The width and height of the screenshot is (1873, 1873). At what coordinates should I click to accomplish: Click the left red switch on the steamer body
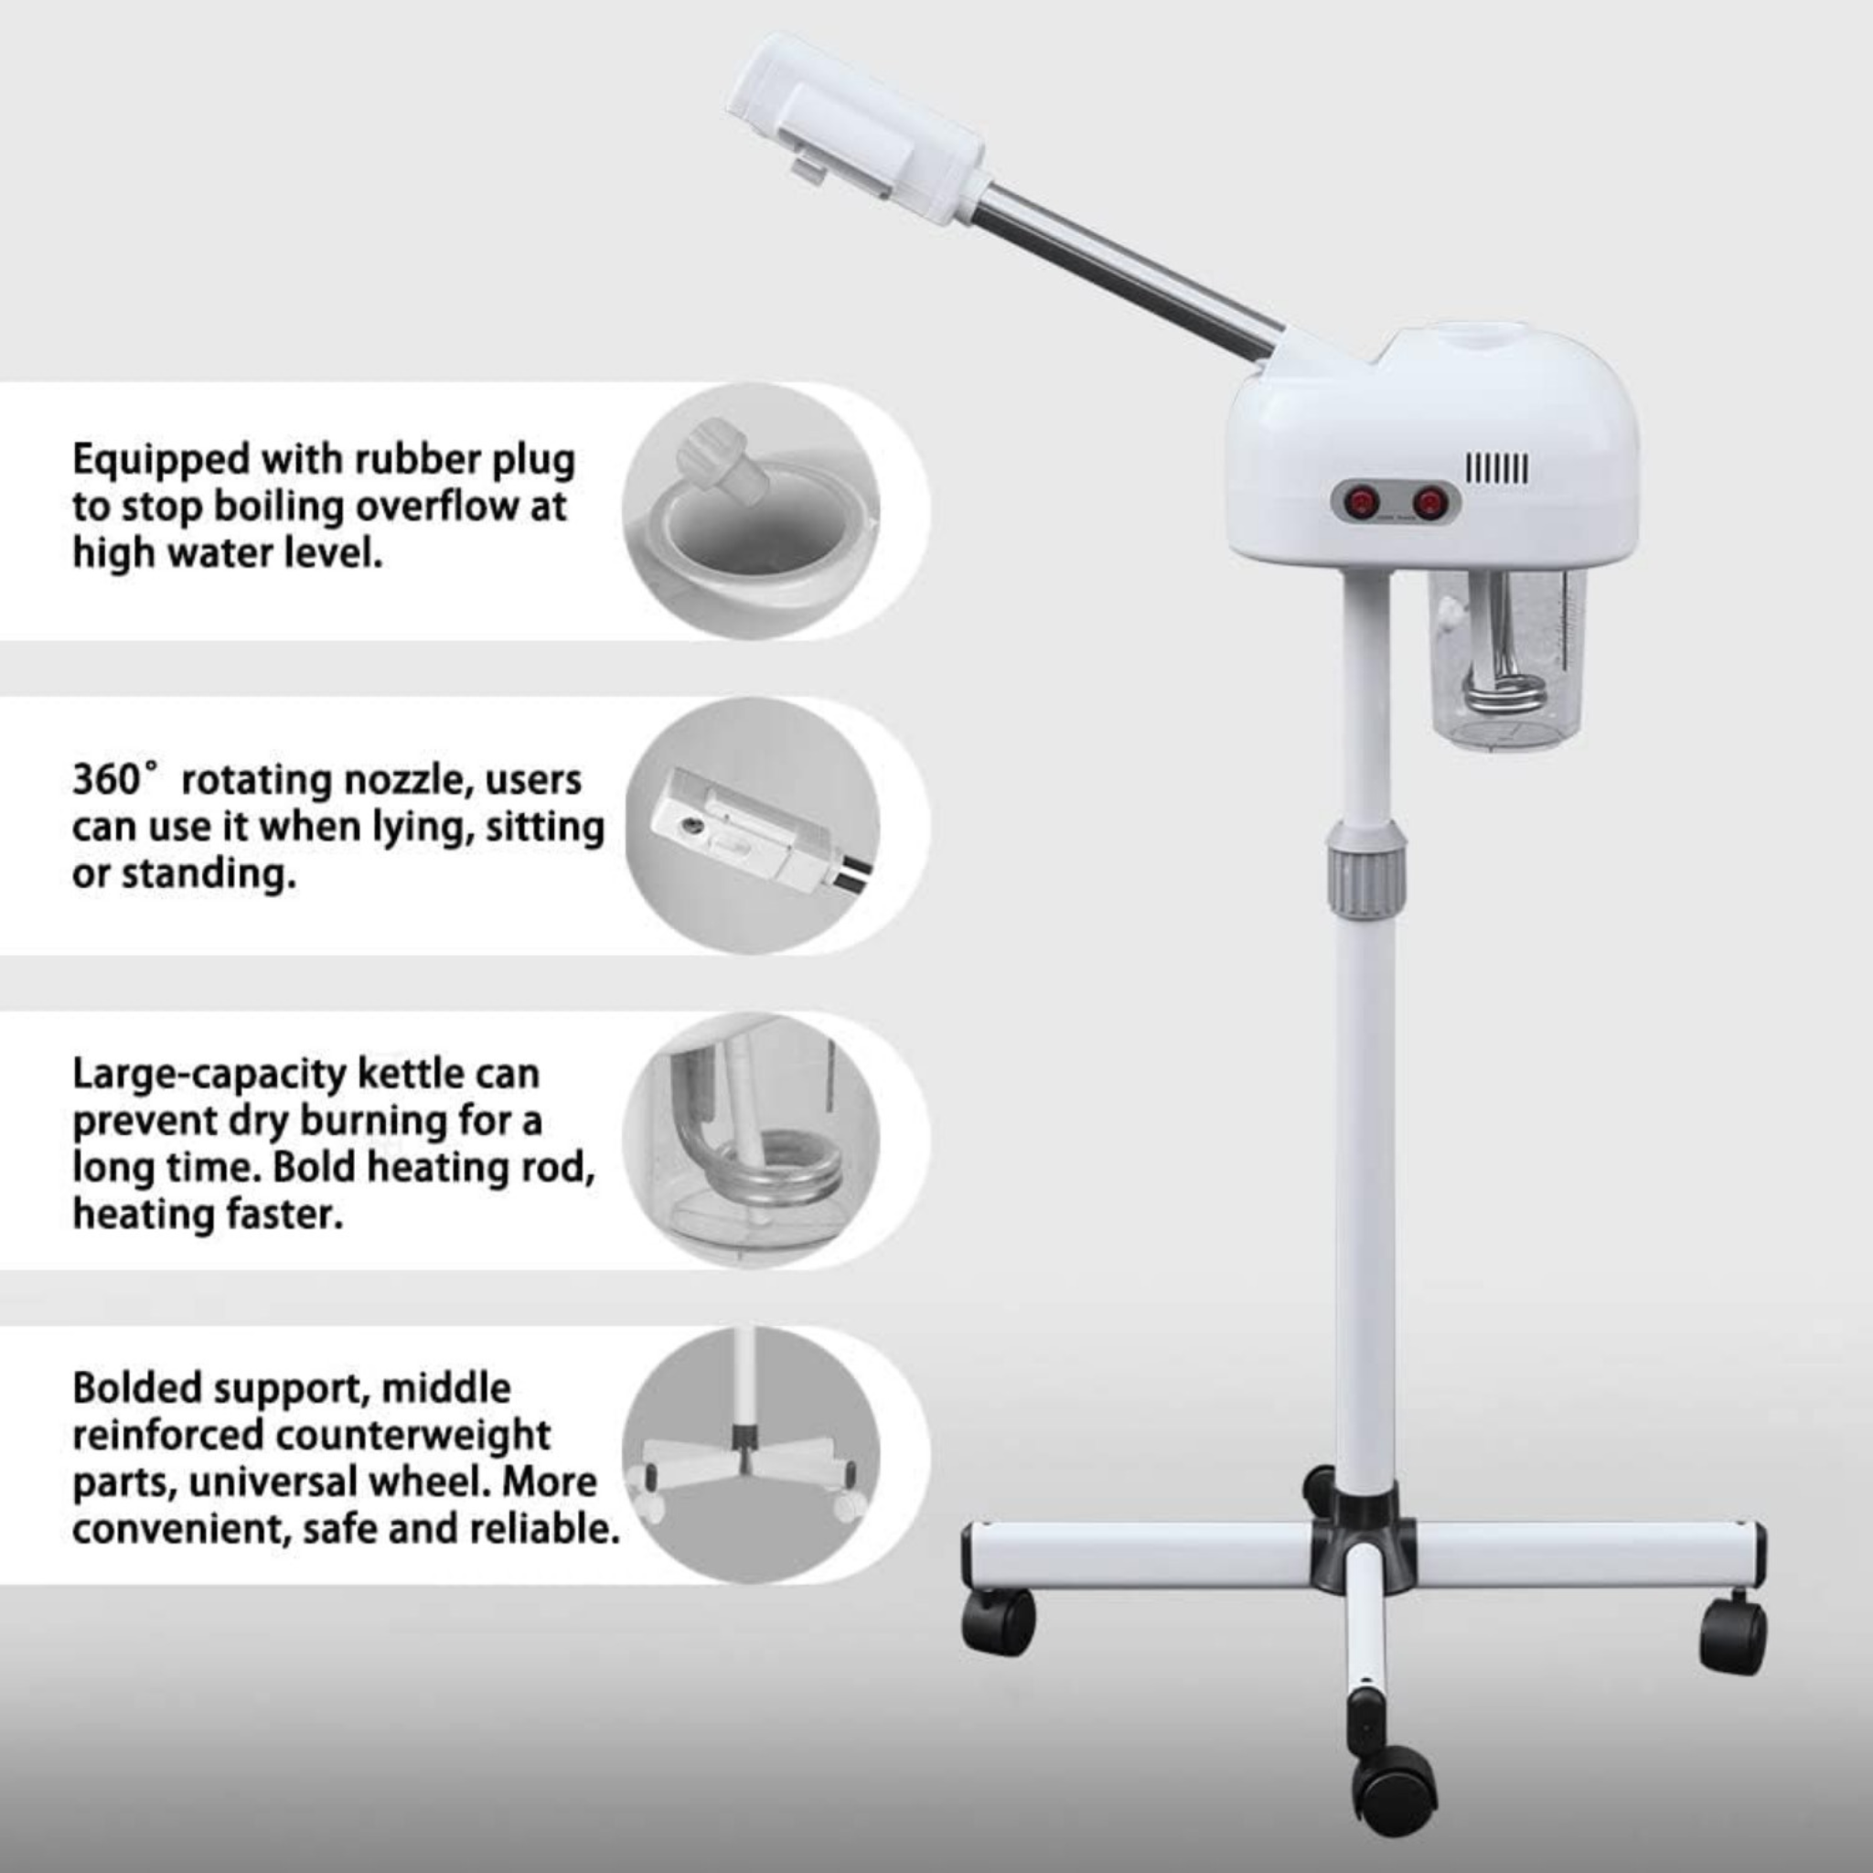coord(1365,502)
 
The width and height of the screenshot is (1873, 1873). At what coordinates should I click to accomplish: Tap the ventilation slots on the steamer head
coord(1497,470)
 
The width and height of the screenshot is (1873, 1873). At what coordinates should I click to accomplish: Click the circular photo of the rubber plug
coord(752,511)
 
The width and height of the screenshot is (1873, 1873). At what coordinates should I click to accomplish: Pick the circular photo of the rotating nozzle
coord(752,825)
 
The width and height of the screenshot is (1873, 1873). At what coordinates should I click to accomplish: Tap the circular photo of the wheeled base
coord(752,1454)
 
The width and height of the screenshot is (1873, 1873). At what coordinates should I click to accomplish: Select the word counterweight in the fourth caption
coord(423,1435)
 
